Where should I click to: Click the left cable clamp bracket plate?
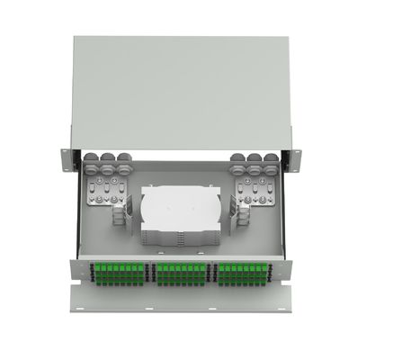[106, 191]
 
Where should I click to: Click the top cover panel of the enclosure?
[180, 90]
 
